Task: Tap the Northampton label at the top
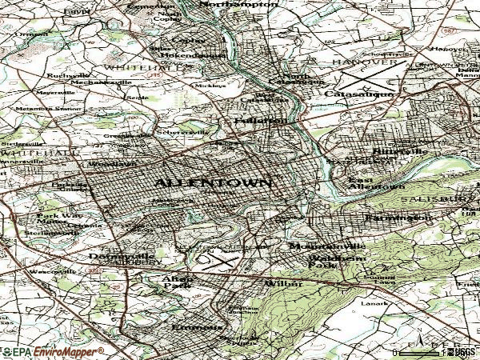tap(238, 5)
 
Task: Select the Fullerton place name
tap(261, 121)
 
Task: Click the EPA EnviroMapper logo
tap(52, 351)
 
